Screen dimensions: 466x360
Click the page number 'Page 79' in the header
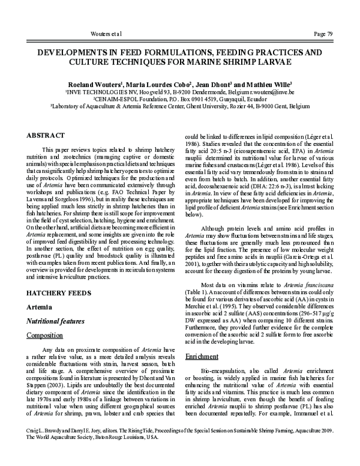[329, 31]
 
